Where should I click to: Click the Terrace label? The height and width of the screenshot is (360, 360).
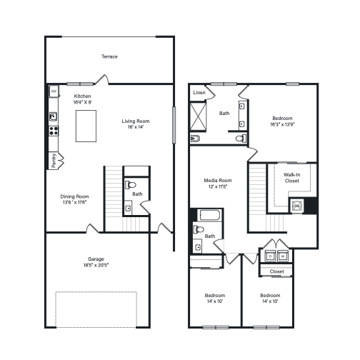pyautogui.click(x=109, y=56)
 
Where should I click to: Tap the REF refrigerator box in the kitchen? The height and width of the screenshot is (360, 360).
pyautogui.click(x=54, y=92)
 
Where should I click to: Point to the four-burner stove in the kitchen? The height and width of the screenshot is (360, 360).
pyautogui.click(x=53, y=131)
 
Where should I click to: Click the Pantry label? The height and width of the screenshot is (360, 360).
pyautogui.click(x=54, y=161)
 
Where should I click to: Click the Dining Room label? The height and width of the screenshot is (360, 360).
pyautogui.click(x=74, y=196)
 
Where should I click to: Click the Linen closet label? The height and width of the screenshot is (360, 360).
pyautogui.click(x=199, y=93)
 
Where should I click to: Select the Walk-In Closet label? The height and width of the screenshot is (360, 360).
pyautogui.click(x=291, y=177)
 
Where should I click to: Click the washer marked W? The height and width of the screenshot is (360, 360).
pyautogui.click(x=283, y=256)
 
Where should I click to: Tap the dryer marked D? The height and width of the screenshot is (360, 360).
pyautogui.click(x=270, y=256)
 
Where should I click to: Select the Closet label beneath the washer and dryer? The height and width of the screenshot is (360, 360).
pyautogui.click(x=276, y=271)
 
